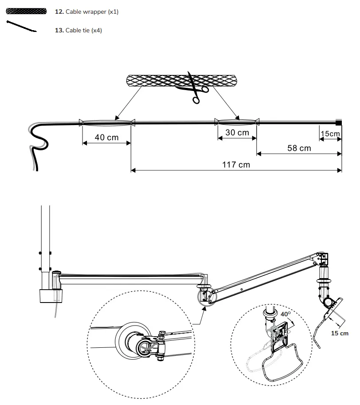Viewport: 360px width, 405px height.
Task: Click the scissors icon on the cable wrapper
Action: coord(193,88)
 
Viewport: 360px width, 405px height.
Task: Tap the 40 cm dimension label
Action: coord(107,138)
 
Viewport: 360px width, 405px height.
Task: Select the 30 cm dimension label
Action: coord(237,133)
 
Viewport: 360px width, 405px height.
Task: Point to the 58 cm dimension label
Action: coord(299,148)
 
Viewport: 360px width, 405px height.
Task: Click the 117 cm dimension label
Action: coord(236,165)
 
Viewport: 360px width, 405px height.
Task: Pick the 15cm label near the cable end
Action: coord(330,134)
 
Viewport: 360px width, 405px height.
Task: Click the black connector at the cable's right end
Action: coord(339,122)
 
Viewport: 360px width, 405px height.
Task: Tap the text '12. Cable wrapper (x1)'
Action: coord(86,12)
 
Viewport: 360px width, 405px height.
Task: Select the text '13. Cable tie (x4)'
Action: coord(78,30)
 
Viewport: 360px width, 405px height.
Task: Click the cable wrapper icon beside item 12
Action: coord(26,12)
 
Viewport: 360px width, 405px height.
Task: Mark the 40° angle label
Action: coord(286,314)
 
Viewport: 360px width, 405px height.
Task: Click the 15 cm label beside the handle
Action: coord(340,333)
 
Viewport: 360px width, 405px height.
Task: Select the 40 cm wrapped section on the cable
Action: coord(106,122)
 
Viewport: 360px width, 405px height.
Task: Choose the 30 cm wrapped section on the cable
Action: coord(237,122)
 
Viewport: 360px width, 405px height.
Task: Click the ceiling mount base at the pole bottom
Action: coord(50,296)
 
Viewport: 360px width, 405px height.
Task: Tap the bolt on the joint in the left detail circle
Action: coord(161,333)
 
